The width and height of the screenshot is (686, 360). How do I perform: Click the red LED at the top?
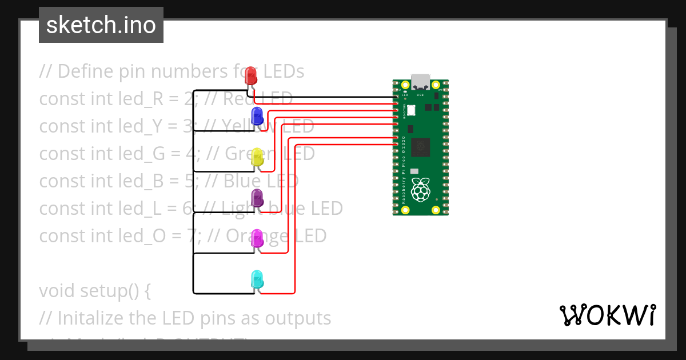(250, 76)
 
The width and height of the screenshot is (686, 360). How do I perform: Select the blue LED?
(257, 115)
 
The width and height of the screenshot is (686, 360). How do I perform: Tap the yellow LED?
(257, 157)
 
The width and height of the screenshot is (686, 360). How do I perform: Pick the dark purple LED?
(257, 198)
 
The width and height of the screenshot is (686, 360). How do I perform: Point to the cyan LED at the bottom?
(257, 279)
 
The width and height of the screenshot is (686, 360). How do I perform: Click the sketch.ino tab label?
(101, 25)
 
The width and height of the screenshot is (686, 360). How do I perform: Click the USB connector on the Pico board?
(421, 81)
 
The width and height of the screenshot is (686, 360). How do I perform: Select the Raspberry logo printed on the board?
(421, 190)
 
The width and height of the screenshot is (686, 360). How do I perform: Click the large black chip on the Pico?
(421, 146)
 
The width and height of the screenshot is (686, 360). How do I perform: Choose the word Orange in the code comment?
(256, 236)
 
